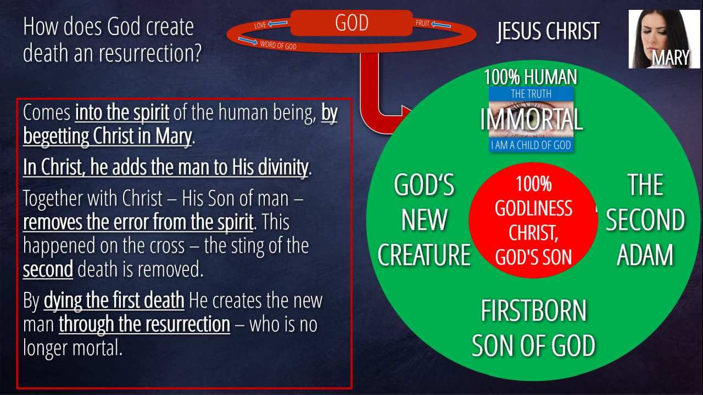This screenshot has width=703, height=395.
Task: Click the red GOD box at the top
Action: (x=351, y=23)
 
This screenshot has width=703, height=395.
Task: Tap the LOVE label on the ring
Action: (x=260, y=25)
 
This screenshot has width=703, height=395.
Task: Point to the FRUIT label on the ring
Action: (x=422, y=23)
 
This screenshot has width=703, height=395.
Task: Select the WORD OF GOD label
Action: (x=278, y=45)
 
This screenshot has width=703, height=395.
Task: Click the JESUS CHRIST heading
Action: (x=548, y=31)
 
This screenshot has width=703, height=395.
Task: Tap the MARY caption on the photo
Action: (x=671, y=58)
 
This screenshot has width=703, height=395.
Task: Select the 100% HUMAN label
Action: (x=531, y=77)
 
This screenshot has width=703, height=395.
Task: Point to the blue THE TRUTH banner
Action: (x=531, y=94)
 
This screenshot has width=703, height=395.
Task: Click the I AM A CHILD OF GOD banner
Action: (x=531, y=145)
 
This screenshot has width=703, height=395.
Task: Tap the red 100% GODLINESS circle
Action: (x=533, y=220)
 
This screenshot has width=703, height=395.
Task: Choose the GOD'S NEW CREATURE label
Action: (x=425, y=219)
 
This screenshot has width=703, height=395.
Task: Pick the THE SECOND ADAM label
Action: (x=645, y=219)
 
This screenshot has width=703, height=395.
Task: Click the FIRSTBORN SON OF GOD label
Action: (x=533, y=328)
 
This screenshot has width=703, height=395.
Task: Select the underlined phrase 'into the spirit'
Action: (x=122, y=112)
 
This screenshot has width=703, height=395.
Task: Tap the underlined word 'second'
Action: (x=48, y=269)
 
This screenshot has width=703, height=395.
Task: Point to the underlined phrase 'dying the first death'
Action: (x=114, y=300)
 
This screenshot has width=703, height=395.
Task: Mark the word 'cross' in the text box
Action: (x=167, y=246)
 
